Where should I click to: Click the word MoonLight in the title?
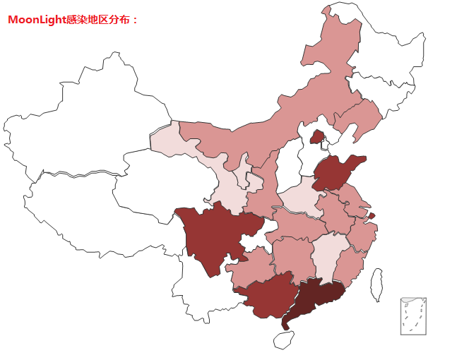coord(36,20)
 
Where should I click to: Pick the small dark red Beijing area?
coord(317,136)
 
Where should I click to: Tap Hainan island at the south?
coord(283,340)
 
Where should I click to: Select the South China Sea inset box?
coord(412,316)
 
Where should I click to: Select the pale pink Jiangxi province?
coord(328,254)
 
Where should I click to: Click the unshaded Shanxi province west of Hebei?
coord(286,166)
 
